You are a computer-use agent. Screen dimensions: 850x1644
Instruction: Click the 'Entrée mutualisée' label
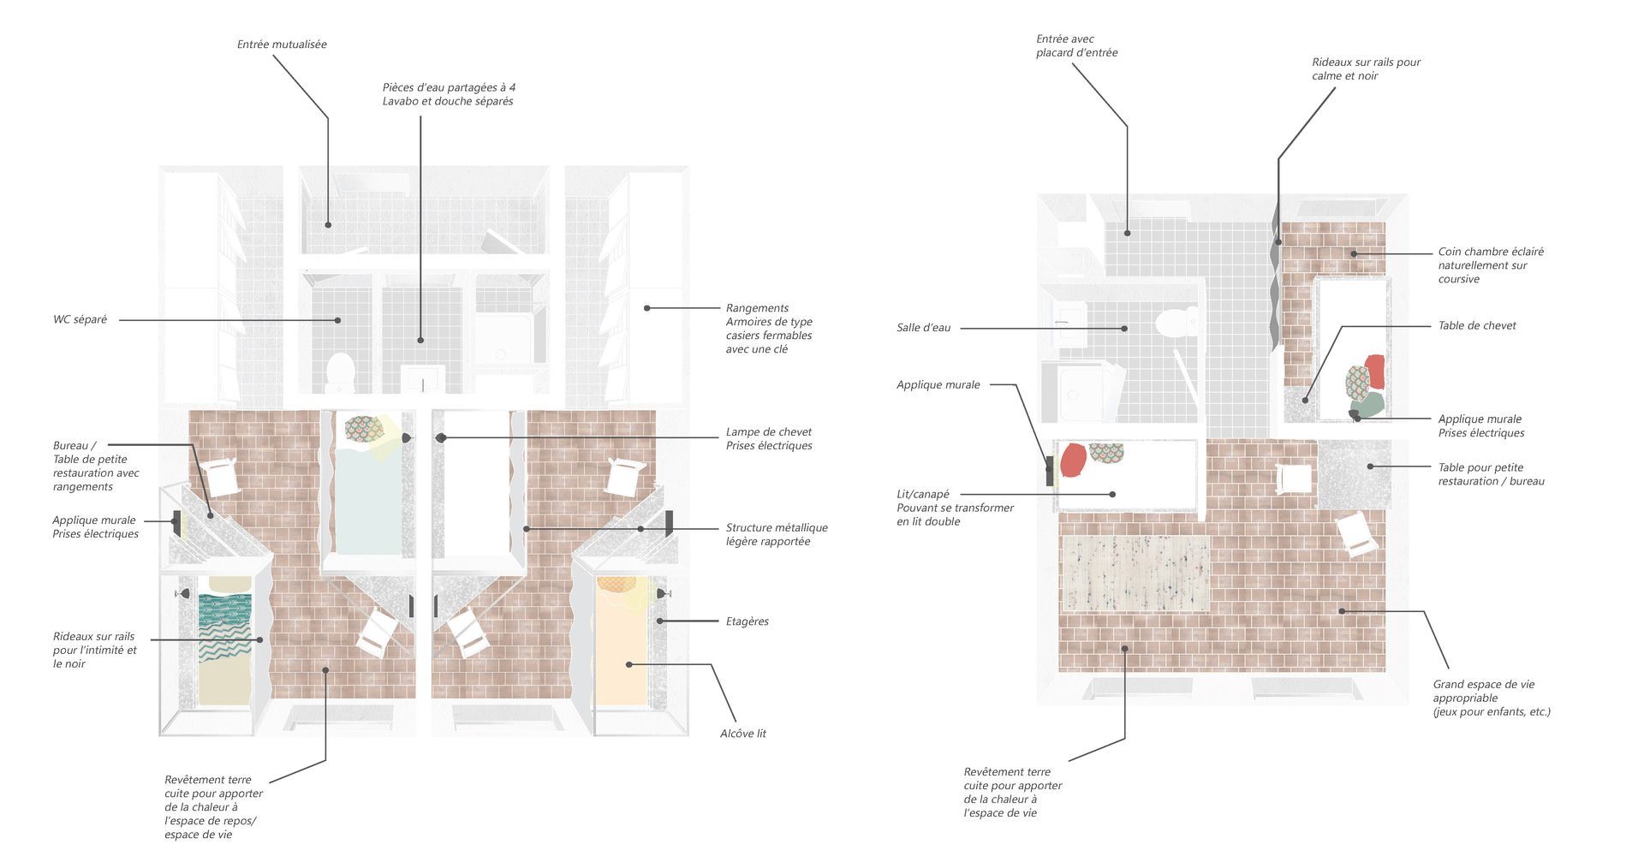pos(282,45)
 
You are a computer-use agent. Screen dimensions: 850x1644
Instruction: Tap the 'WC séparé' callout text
pos(80,320)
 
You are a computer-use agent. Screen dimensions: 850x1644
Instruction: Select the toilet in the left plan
pos(341,371)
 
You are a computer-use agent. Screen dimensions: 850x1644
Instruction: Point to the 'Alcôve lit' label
pos(742,734)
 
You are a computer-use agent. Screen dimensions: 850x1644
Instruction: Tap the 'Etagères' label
pos(747,621)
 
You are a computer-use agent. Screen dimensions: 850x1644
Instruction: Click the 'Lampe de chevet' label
pos(768,432)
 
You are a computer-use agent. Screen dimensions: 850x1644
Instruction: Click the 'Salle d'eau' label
pos(923,328)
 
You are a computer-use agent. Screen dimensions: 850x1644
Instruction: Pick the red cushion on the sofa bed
pos(1073,461)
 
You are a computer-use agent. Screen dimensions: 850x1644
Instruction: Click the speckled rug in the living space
pos(1135,573)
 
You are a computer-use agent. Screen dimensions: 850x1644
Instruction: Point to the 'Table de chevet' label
pos(1476,326)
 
